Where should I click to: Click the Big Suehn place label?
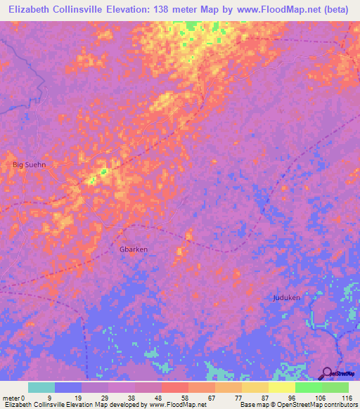click(x=28, y=164)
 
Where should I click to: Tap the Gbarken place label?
click(x=132, y=249)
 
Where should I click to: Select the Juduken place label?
click(x=286, y=297)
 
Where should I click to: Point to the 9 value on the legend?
click(x=49, y=397)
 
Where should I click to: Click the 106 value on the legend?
click(x=321, y=397)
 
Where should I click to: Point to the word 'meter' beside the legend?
click(x=10, y=397)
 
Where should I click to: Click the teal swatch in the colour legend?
click(x=41, y=387)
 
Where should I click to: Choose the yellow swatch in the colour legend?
click(x=281, y=387)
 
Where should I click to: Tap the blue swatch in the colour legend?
click(x=68, y=387)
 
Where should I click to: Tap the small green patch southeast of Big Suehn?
click(x=103, y=171)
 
